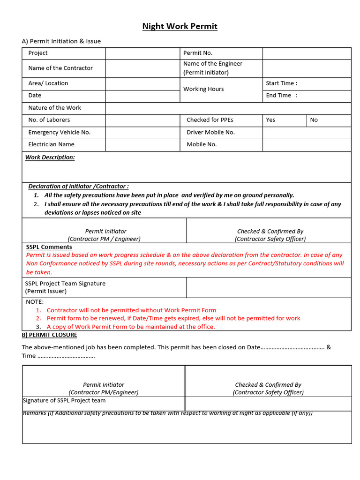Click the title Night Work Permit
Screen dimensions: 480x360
pos(180,26)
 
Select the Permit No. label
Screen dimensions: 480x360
pos(197,53)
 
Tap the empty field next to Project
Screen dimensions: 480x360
pos(142,53)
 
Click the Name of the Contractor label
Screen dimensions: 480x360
pos(60,68)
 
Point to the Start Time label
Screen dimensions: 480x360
pos(281,83)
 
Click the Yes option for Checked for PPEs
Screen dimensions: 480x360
pos(270,120)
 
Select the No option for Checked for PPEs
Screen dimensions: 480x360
pos(314,120)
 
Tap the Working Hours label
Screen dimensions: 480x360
pos(203,89)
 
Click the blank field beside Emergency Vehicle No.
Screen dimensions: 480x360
pos(142,133)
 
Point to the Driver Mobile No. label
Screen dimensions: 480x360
pos(210,133)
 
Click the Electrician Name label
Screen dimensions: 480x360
pos(51,144)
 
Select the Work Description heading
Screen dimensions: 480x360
pos(50,157)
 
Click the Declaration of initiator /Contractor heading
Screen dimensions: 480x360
pos(78,186)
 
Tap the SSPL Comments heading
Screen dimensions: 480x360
pos(49,247)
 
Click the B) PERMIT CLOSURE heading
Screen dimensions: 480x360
pos(49,335)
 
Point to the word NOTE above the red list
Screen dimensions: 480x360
pos(35,302)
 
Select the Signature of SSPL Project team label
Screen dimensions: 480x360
pos(64,401)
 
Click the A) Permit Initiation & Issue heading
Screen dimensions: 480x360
pos(61,41)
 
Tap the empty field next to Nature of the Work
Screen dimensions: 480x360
pos(228,108)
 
